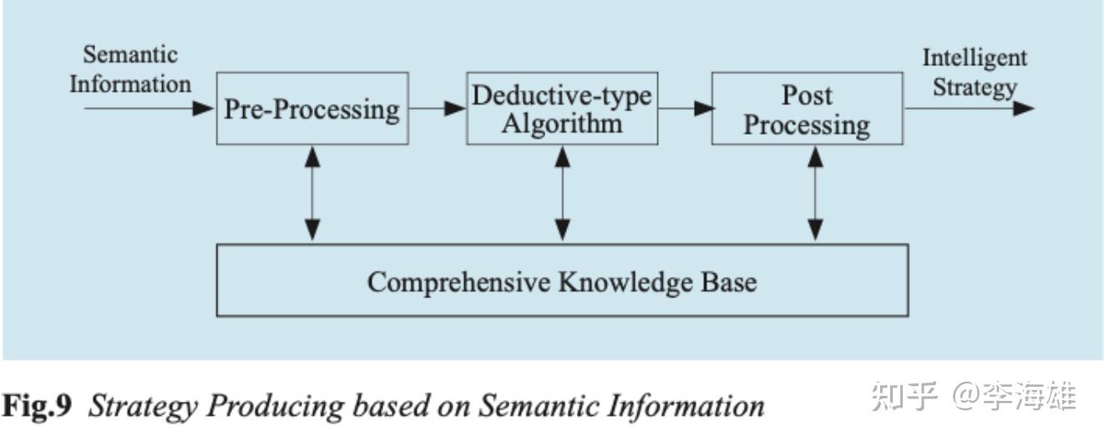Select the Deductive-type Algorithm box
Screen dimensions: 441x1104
click(562, 109)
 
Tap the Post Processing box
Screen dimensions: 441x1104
click(807, 109)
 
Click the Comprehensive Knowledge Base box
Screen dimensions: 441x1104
click(562, 281)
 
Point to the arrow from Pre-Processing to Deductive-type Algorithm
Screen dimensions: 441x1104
click(438, 109)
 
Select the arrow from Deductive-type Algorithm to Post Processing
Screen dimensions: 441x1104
click(685, 109)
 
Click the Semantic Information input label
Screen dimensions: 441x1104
click(130, 70)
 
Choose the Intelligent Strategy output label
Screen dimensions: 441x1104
click(975, 73)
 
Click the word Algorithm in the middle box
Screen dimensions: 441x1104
click(562, 124)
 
